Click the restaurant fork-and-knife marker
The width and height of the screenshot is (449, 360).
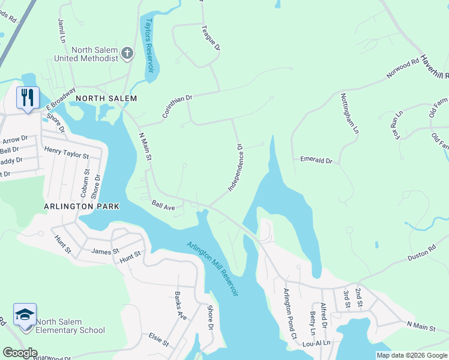coord(28,97)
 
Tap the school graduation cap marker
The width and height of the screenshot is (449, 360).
coord(25,315)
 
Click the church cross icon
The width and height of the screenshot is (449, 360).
coord(127,54)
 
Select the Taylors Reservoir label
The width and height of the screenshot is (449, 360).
coord(149,46)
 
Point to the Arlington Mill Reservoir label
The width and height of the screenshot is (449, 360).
coord(212,268)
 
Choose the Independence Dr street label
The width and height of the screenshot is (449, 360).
coord(236,168)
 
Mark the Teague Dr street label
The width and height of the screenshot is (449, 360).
coord(211,37)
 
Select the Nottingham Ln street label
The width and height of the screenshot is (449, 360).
coord(349,113)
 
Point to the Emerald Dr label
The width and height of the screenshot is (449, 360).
coord(316,160)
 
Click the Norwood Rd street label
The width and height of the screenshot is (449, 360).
coord(403,69)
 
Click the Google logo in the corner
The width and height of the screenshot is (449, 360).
coord(20,353)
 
